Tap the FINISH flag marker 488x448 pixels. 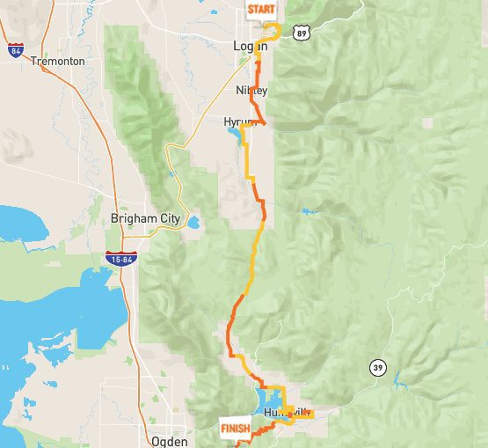[x=234, y=430]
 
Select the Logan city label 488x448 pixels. [x=250, y=46]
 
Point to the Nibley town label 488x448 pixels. [x=251, y=91]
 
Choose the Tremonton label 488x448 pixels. [x=57, y=62]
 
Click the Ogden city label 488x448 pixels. [x=170, y=441]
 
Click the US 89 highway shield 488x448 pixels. [x=302, y=33]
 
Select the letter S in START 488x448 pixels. [x=251, y=11]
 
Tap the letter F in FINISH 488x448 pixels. [x=223, y=429]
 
